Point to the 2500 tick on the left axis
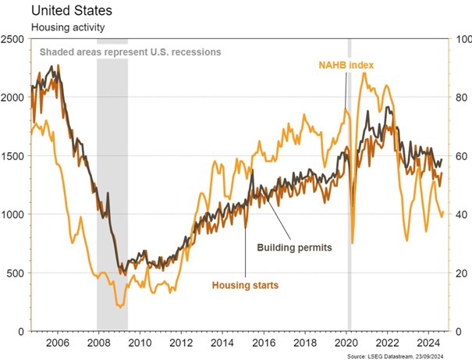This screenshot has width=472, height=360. point(14,38)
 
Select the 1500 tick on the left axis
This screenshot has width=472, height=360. point(14,155)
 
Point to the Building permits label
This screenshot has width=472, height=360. point(295,247)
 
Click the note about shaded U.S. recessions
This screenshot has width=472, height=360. point(130,52)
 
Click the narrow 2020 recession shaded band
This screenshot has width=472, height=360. point(349,195)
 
